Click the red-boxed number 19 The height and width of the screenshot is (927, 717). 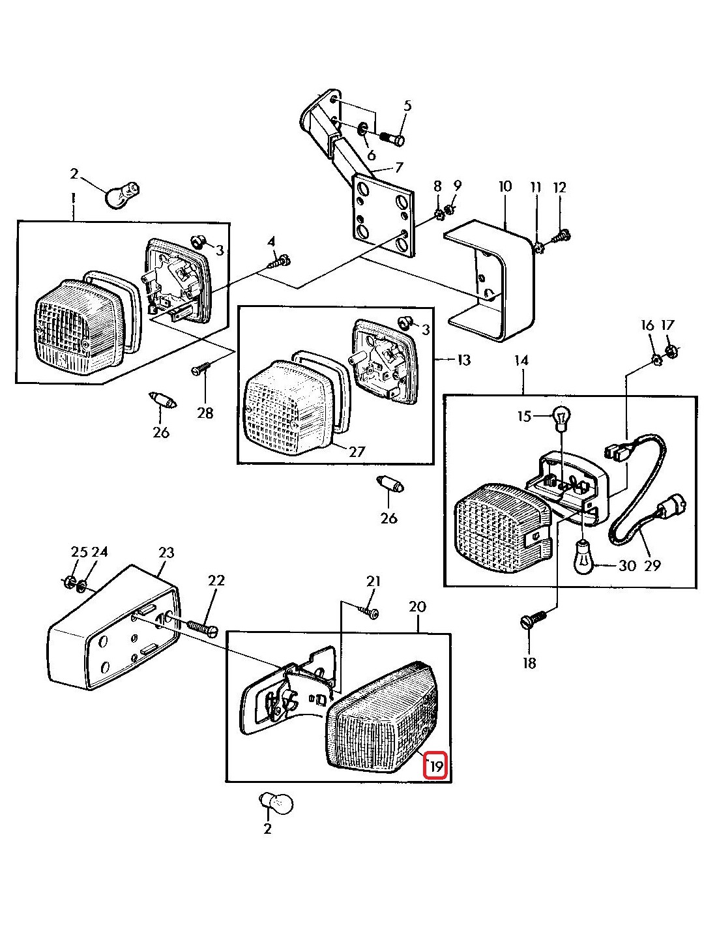pos(435,766)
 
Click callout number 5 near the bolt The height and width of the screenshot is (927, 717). pos(407,106)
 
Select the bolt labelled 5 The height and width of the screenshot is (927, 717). pos(392,138)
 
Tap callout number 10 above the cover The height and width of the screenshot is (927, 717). pos(505,187)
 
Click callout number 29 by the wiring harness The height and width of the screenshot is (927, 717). pos(652,565)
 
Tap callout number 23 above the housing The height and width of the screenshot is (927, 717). pos(166,553)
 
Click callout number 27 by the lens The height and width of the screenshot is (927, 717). pos(357,450)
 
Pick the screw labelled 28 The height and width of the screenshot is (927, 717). pos(199,369)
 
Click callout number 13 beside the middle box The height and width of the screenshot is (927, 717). pos(463,360)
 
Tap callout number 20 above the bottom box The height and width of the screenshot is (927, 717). pos(417,607)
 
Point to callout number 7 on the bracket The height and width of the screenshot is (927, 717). pos(399,168)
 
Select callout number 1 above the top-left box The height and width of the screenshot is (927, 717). pos(73,196)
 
